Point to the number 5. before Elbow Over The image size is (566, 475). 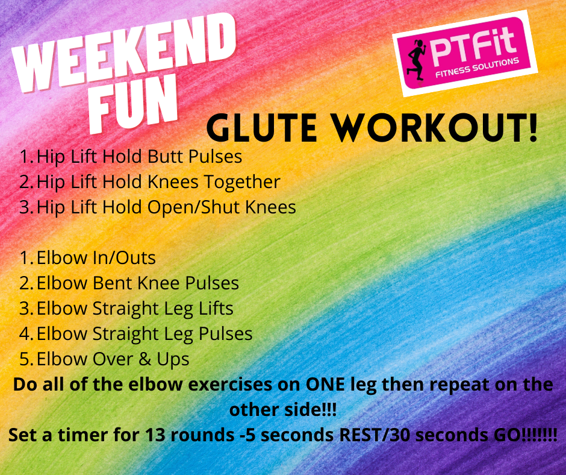pos(26,360)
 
